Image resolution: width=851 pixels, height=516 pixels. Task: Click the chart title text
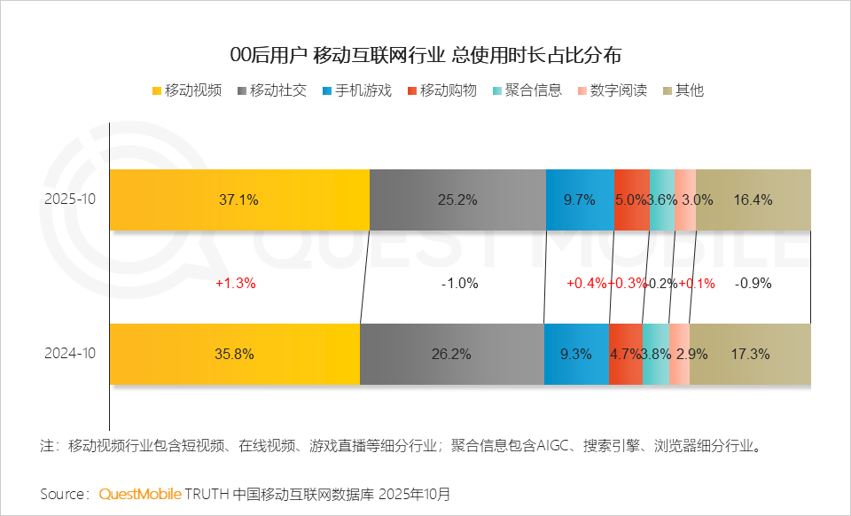425,55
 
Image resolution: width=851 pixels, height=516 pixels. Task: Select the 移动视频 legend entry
187,90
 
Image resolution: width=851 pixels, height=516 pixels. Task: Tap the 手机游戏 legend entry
357,90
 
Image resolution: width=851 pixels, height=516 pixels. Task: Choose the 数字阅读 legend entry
613,90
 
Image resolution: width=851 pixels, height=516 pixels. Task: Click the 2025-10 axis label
70,199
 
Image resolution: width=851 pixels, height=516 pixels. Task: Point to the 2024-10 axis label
70,354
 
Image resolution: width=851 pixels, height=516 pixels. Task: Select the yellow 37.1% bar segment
238,199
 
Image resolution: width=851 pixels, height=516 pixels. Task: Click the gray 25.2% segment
457,199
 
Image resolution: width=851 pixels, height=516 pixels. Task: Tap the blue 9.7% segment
580,199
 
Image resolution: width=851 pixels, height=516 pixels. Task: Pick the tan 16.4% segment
753,199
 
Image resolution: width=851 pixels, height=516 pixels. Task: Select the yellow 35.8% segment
234,354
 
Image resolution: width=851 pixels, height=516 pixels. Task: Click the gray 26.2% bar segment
451,354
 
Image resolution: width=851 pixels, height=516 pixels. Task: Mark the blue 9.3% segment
576,354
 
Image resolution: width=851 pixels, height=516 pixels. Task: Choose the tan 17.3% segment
750,354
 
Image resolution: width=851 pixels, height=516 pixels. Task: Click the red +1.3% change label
235,284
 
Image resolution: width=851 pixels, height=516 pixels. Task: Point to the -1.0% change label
459,284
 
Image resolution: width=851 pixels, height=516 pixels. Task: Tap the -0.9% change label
753,284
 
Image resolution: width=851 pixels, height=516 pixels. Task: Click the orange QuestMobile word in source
140,493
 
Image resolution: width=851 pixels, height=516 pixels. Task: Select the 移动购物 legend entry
442,90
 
